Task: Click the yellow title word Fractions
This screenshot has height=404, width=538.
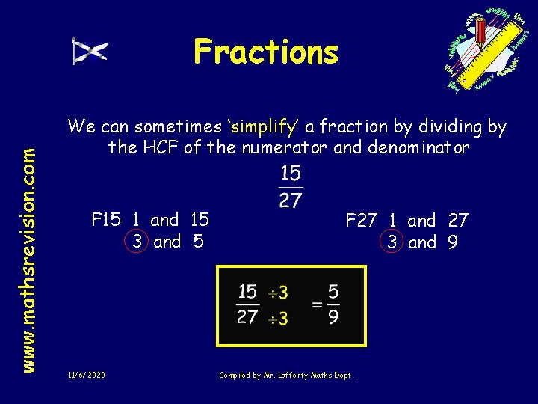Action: click(x=265, y=52)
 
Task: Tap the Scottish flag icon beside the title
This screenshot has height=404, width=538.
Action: click(x=90, y=52)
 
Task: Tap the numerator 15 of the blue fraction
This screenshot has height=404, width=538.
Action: click(x=291, y=175)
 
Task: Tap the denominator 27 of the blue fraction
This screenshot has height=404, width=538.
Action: click(x=291, y=201)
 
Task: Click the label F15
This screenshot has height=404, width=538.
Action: click(x=105, y=220)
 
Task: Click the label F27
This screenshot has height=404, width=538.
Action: click(x=361, y=220)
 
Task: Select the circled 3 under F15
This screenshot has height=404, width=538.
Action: click(x=137, y=242)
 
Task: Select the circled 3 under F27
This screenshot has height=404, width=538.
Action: click(x=392, y=242)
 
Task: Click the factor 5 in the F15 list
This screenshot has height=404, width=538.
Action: click(x=199, y=242)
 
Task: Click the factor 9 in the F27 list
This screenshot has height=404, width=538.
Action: click(x=453, y=242)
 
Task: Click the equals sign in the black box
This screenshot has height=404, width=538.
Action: click(x=317, y=304)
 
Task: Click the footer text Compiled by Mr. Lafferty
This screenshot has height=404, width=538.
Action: click(x=286, y=374)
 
